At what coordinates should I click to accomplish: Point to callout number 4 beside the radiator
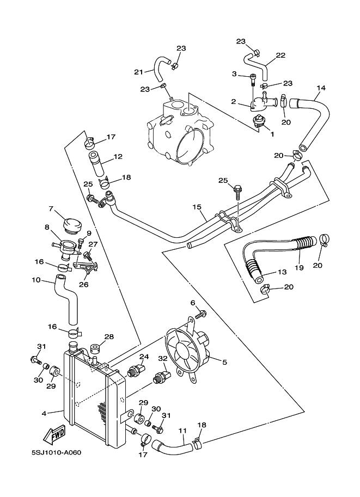pyautogui.click(x=45, y=413)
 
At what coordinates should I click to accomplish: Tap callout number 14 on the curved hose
pyautogui.click(x=321, y=88)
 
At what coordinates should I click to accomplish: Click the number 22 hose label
pyautogui.click(x=280, y=56)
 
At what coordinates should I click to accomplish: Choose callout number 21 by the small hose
pyautogui.click(x=138, y=72)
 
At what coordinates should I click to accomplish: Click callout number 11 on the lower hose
pyautogui.click(x=182, y=431)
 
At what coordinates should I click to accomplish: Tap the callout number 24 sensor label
pyautogui.click(x=144, y=357)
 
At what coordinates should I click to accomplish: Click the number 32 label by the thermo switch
pyautogui.click(x=162, y=358)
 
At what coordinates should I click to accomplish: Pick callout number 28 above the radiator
pyautogui.click(x=109, y=337)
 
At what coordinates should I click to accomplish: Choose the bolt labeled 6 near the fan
pyautogui.click(x=200, y=314)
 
